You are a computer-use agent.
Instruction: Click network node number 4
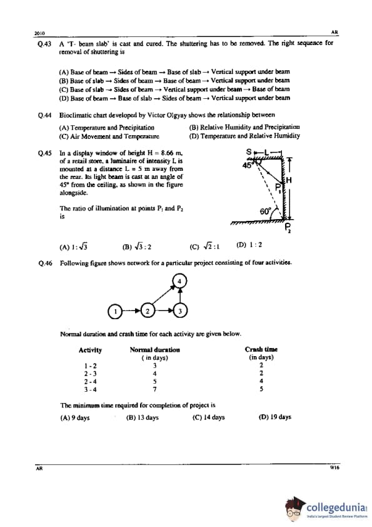pos(179,281)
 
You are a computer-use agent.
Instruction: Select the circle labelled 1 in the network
pos(115,311)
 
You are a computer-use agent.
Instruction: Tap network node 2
pos(148,310)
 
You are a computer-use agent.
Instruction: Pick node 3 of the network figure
pos(180,311)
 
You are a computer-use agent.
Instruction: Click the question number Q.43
pos(44,44)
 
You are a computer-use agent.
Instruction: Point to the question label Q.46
pos(45,263)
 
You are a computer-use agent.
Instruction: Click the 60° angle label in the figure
pos(265,212)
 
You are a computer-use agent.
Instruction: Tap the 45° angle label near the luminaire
pos(248,165)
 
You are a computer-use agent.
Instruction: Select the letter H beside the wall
pos(288,180)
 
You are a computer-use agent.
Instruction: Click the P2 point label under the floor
pos(288,228)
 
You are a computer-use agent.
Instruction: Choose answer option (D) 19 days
pos(275,417)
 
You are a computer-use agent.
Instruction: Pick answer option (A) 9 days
pos(75,417)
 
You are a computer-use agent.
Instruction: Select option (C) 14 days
pos(208,417)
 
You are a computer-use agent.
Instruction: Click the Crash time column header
pos(261,349)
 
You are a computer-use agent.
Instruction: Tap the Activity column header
pos(90,350)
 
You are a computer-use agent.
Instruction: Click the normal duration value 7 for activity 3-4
pos(154,389)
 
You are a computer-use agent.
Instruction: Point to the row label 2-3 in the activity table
pos(90,374)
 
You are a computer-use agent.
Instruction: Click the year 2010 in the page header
pos(39,33)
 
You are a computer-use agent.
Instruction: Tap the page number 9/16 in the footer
pos(334,467)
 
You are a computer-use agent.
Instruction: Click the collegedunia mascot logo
pos(294,509)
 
